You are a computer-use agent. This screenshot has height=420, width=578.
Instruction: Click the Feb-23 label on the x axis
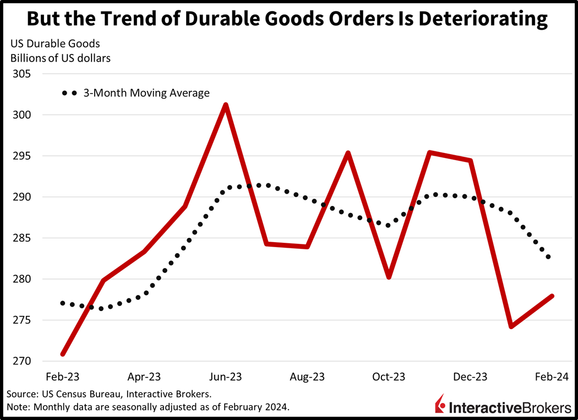coord(63,377)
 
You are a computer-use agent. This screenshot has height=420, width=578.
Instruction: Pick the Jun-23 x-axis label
coord(226,377)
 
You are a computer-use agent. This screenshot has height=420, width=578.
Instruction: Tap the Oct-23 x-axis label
coord(389,377)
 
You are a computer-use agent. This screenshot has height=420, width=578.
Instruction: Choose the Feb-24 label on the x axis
coord(552,377)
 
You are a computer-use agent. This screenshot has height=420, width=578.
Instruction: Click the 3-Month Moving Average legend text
coord(146,93)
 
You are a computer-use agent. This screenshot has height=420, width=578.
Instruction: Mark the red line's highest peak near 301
coord(226,105)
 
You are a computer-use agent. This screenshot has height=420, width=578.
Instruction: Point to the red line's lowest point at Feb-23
coord(63,354)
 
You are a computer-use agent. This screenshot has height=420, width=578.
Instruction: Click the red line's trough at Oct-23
coord(389,277)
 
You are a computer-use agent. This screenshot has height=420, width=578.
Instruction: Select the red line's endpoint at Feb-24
coord(552,296)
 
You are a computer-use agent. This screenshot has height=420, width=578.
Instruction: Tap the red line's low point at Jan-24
coord(511,326)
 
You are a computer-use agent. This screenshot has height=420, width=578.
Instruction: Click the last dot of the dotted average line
coord(548,257)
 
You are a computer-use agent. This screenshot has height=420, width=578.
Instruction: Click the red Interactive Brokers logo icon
coord(440,404)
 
